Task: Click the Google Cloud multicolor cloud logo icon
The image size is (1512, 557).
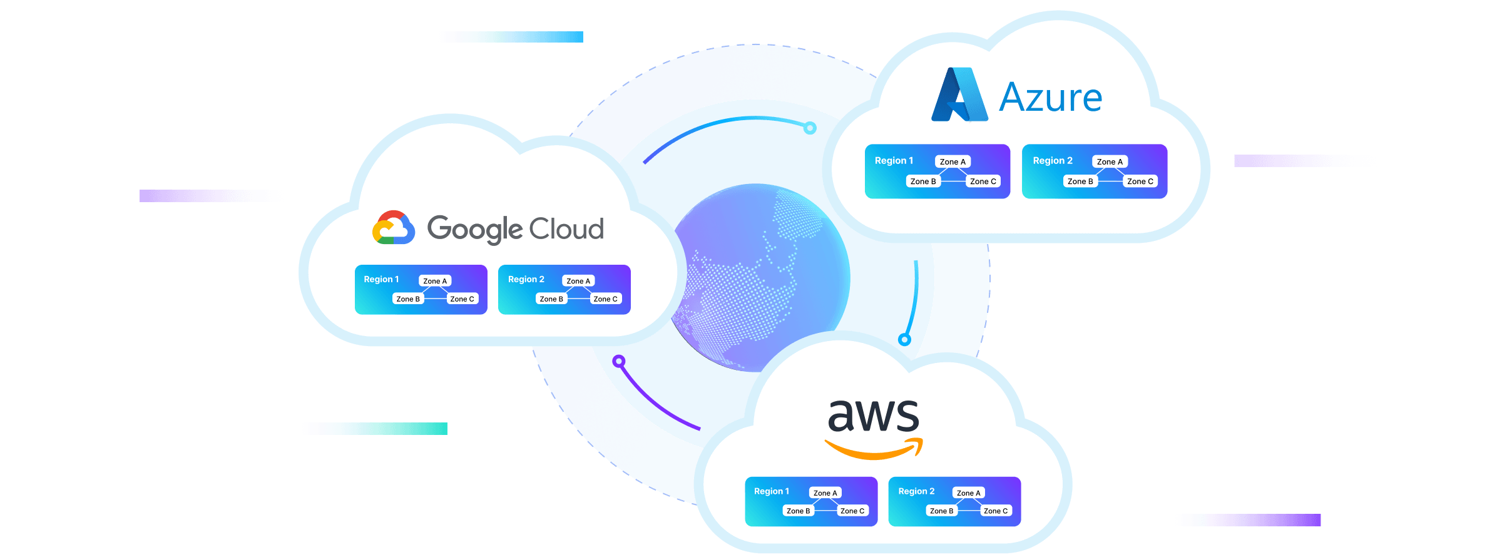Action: tap(394, 227)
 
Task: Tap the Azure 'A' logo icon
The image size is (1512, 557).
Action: tap(959, 95)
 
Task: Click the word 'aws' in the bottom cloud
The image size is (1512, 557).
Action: tap(873, 415)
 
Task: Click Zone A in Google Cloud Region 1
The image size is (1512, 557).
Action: tap(435, 281)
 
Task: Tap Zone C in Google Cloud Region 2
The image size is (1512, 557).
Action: tap(605, 299)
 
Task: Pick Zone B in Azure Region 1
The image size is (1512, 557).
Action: tap(923, 181)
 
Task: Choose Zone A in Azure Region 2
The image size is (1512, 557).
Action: tap(1110, 161)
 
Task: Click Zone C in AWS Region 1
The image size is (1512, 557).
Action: tap(852, 511)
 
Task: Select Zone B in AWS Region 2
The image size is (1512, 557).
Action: tap(941, 511)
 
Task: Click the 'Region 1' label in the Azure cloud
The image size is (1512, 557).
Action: tap(894, 161)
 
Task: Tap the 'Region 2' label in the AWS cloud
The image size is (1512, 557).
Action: tap(916, 491)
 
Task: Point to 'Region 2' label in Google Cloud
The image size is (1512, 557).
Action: tap(526, 279)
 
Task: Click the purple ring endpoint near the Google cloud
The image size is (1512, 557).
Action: tap(619, 360)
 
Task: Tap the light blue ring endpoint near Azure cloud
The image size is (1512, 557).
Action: tap(810, 128)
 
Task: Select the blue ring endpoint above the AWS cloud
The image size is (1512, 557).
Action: tap(904, 340)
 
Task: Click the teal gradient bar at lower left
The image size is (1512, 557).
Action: tap(375, 429)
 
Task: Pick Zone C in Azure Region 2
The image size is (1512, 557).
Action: tap(1140, 181)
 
